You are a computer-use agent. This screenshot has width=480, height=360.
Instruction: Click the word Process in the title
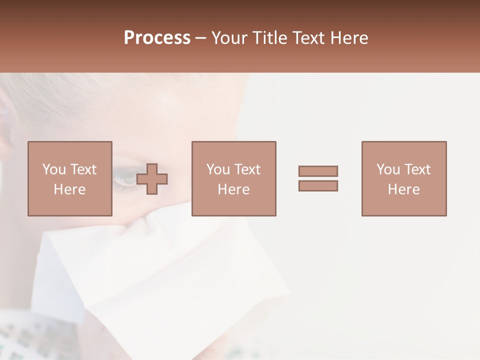pos(157,38)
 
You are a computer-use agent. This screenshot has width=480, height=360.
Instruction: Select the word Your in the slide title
pos(230,38)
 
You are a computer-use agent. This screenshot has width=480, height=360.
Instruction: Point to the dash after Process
pos(201,38)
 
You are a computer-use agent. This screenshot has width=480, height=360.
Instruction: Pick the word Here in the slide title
pos(349,38)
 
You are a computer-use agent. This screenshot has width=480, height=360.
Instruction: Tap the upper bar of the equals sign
pos(318,171)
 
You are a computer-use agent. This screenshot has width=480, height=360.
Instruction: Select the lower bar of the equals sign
pos(318,186)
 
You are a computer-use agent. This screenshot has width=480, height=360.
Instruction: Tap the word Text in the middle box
pos(247,169)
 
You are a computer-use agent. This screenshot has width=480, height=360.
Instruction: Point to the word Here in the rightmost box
pos(404,189)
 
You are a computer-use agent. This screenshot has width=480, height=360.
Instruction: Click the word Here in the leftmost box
pos(70,189)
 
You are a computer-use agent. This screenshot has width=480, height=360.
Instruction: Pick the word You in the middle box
pos(218,169)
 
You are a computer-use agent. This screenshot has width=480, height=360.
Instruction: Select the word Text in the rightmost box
pos(417,169)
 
